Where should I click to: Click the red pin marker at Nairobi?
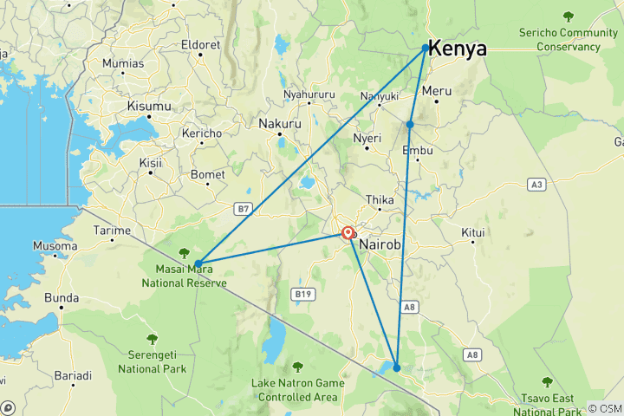(x=348, y=233)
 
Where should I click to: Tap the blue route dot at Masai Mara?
(x=198, y=263)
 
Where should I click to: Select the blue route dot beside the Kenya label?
(x=426, y=48)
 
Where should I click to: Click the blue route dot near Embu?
(x=410, y=125)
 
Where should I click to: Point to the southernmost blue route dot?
(x=397, y=367)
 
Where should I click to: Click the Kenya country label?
(x=458, y=49)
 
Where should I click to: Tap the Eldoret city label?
(x=201, y=45)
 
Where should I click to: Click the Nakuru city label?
(x=280, y=124)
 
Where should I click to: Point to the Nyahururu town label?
(x=309, y=94)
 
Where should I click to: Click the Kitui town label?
(x=472, y=233)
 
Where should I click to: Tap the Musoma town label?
(x=55, y=246)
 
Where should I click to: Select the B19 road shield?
(x=302, y=295)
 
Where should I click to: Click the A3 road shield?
(x=537, y=184)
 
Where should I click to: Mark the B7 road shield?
(x=244, y=208)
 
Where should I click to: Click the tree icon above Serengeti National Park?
(x=153, y=339)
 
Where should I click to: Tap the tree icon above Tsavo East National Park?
(x=547, y=381)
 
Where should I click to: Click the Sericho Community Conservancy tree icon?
(x=569, y=16)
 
